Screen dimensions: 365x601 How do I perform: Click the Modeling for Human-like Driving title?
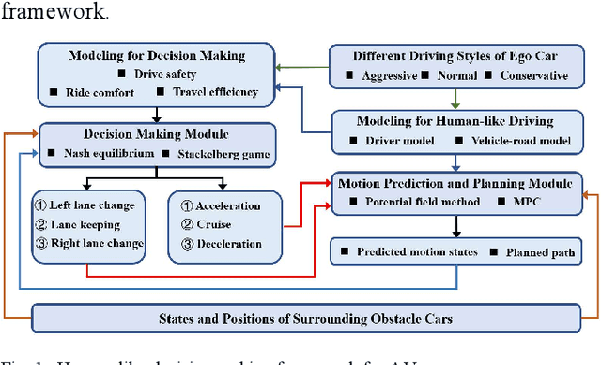coord(455,120)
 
